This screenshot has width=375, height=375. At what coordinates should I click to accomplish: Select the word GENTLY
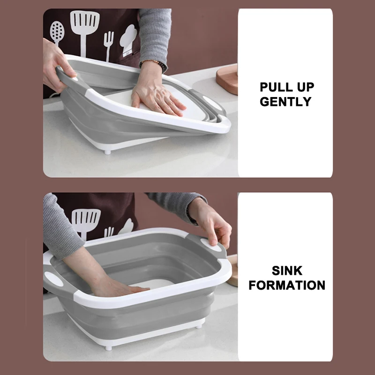285,101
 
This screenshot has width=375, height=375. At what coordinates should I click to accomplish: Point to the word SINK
287,270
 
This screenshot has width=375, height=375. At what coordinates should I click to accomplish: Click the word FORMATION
287,285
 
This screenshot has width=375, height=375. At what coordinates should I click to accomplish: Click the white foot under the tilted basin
107,151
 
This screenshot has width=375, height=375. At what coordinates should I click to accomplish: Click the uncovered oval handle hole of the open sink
54,280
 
